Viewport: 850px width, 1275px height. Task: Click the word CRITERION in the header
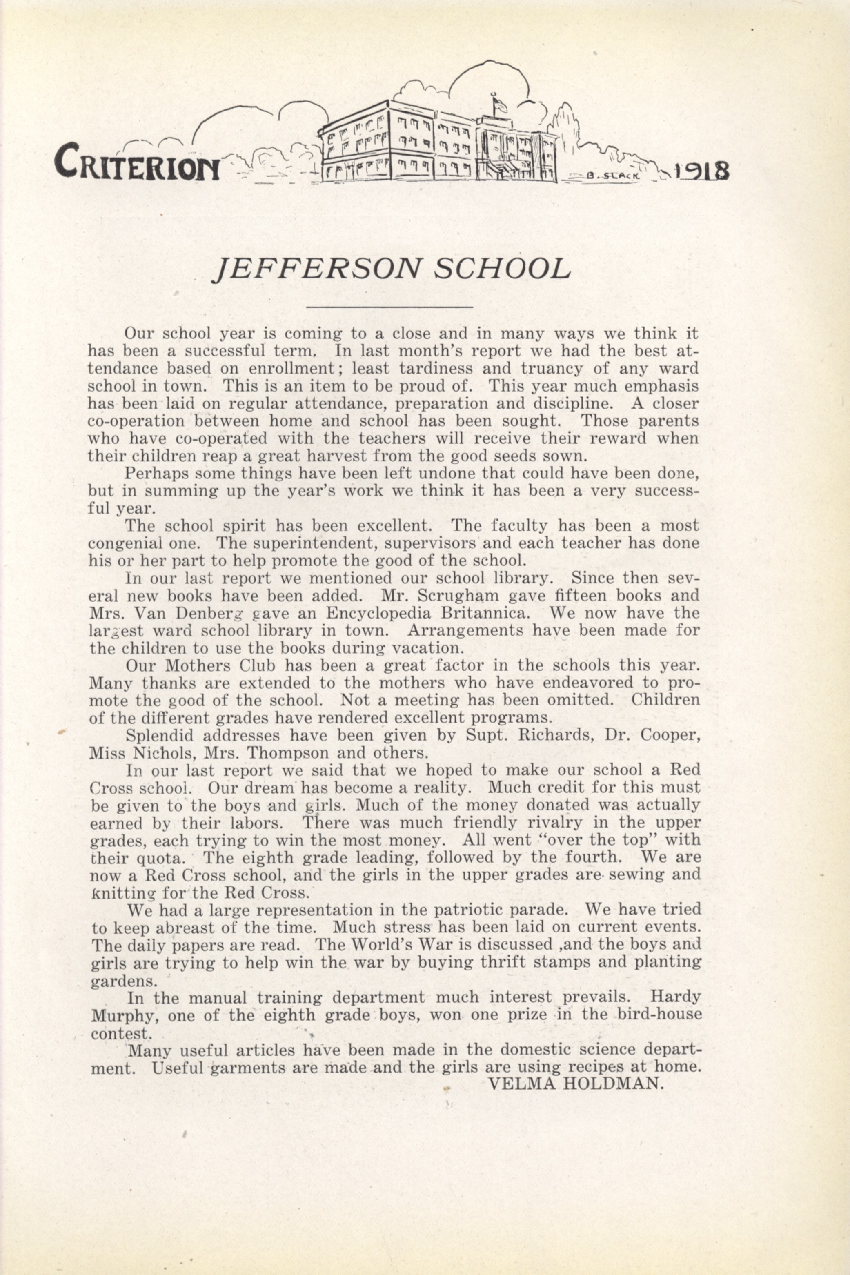pyautogui.click(x=137, y=162)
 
